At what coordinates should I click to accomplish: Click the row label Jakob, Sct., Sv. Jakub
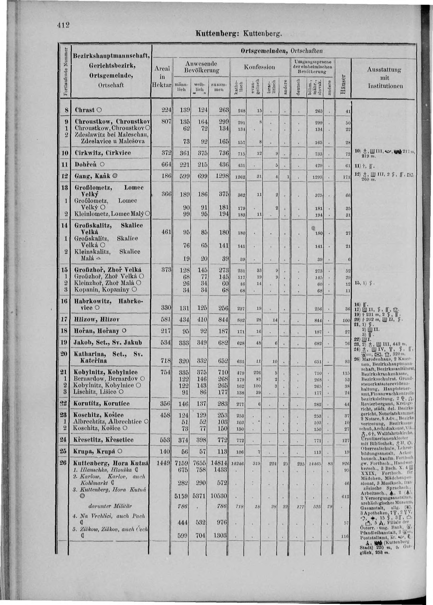tap(108, 342)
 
